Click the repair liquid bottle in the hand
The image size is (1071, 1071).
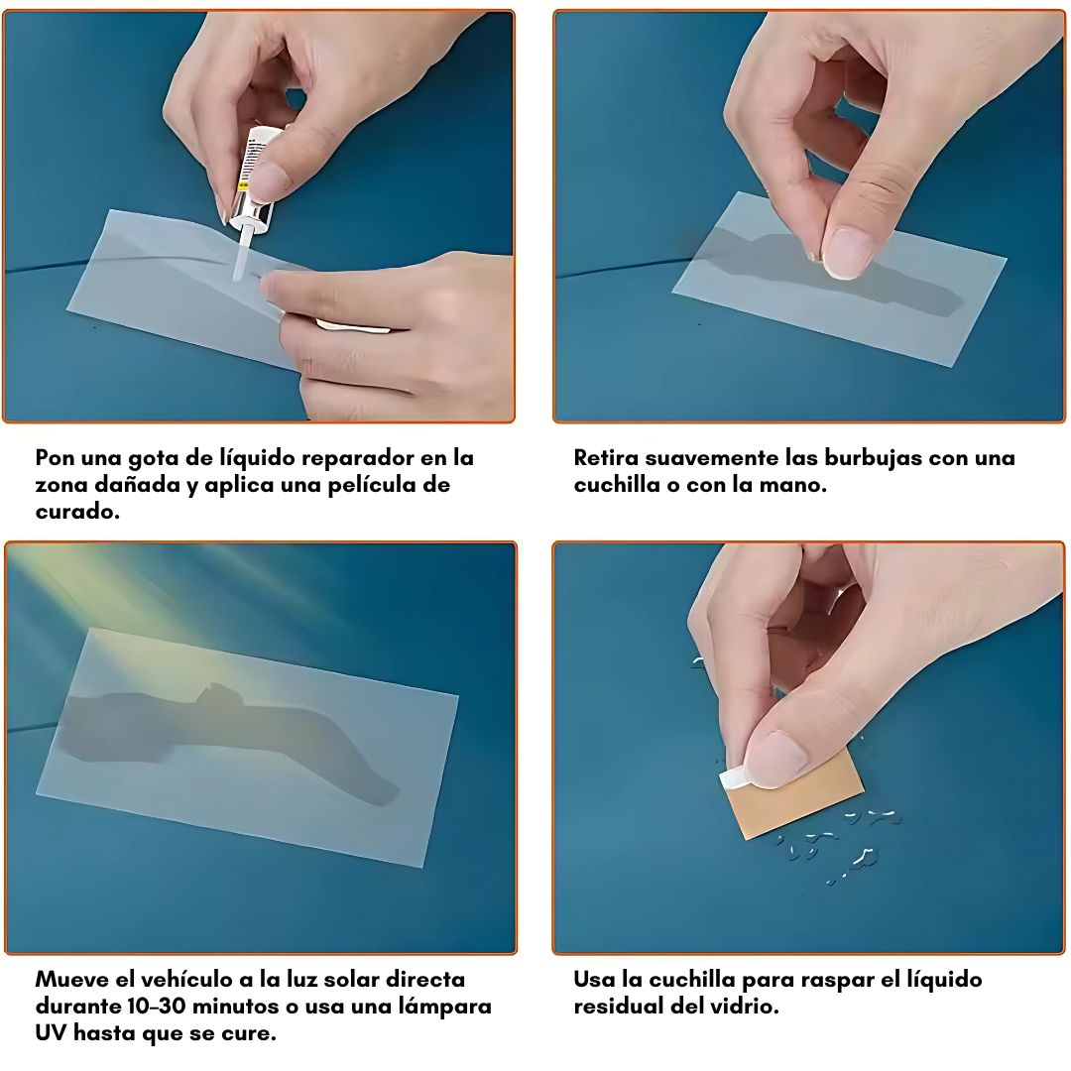coord(254,181)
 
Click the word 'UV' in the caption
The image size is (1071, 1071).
coord(51,1032)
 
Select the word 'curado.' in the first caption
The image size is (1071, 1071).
coord(78,511)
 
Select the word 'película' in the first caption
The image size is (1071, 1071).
coord(378,485)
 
